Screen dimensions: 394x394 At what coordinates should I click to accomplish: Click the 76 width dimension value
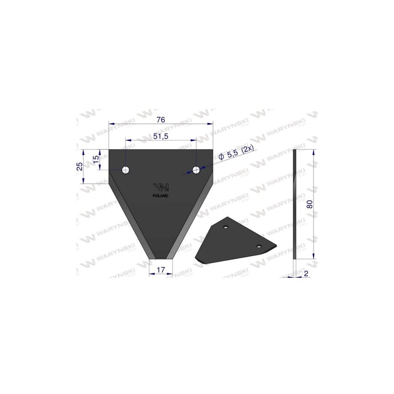pyautogui.click(x=161, y=120)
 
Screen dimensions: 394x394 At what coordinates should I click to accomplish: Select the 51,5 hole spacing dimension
pyautogui.click(x=161, y=136)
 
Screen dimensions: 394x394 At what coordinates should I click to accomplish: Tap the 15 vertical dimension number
pyautogui.click(x=96, y=159)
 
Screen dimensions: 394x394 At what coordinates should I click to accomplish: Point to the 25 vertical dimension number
pyautogui.click(x=80, y=166)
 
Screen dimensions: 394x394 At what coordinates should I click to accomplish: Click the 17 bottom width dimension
pyautogui.click(x=161, y=269)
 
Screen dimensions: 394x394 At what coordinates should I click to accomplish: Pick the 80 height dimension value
pyautogui.click(x=310, y=204)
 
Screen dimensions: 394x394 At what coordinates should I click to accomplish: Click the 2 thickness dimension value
pyautogui.click(x=306, y=273)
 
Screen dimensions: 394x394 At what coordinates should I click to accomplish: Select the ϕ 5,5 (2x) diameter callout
pyautogui.click(x=236, y=154)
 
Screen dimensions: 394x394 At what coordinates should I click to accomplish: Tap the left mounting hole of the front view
pyautogui.click(x=126, y=170)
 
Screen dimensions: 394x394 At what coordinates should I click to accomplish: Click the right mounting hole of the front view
pyautogui.click(x=196, y=170)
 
